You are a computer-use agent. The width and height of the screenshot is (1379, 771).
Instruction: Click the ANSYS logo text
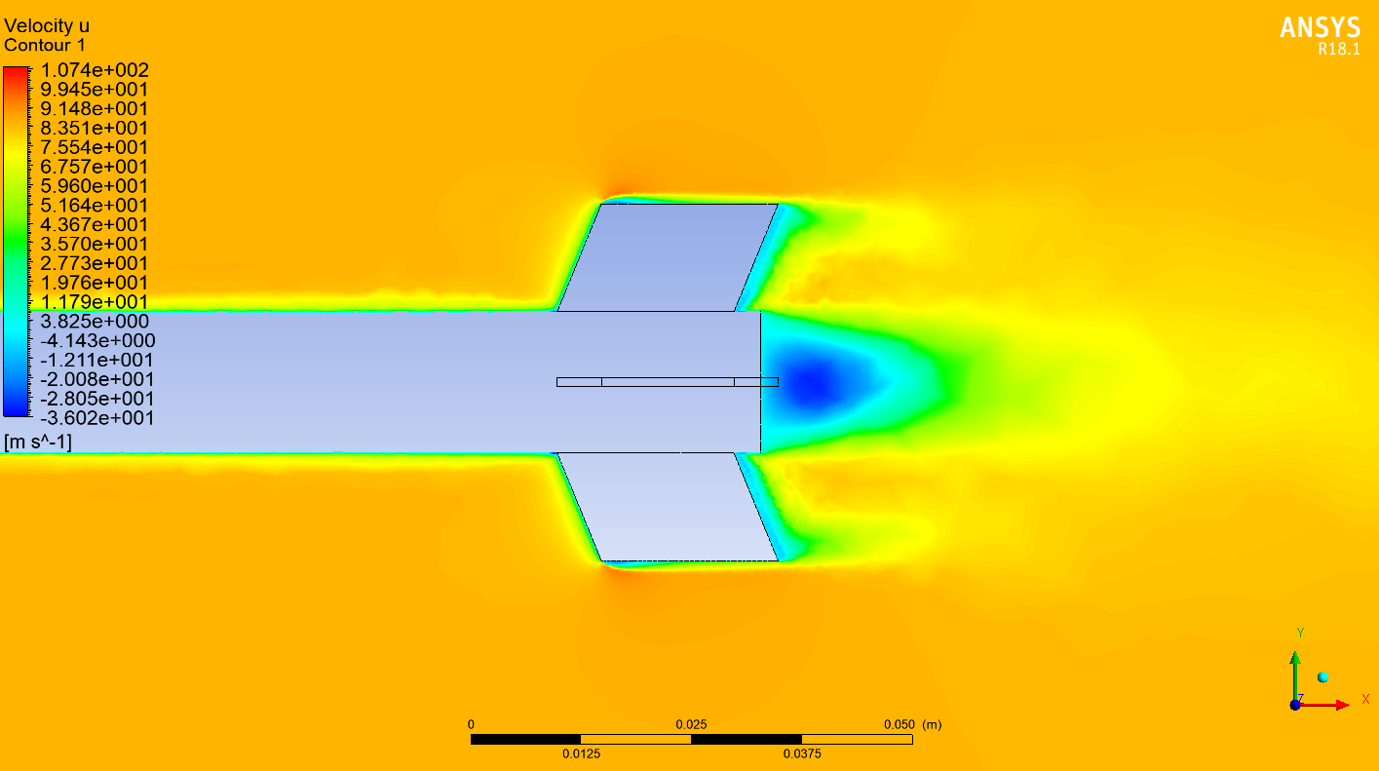click(1320, 28)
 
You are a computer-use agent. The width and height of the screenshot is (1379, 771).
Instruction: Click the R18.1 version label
click(1338, 50)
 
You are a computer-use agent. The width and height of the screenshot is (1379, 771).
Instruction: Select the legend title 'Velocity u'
click(47, 26)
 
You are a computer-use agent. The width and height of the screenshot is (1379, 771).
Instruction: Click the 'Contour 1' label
click(45, 45)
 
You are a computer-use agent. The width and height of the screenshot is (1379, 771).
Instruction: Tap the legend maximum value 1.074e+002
click(94, 70)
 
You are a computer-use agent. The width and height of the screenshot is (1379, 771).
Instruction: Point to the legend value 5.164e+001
click(94, 206)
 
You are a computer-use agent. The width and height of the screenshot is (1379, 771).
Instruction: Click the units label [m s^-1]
click(38, 443)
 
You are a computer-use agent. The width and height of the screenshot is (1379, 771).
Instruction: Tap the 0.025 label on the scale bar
click(691, 725)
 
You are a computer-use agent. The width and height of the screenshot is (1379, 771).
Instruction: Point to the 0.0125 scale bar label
click(581, 753)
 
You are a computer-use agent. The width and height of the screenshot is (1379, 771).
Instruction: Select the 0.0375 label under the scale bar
click(802, 753)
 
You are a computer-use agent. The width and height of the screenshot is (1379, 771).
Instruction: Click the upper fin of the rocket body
click(668, 257)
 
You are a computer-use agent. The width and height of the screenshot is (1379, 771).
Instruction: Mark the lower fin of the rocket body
click(668, 507)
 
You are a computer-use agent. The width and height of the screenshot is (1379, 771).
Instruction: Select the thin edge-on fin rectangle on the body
click(668, 382)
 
